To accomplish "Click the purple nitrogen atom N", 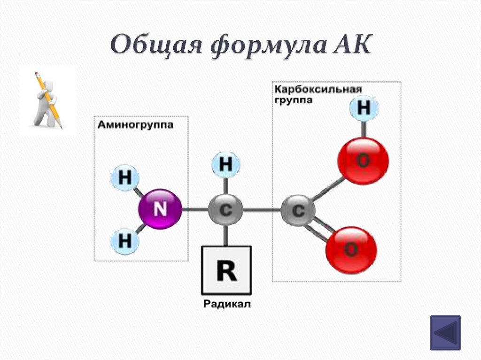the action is pos(160,209).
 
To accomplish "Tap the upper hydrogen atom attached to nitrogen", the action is pos(125,178).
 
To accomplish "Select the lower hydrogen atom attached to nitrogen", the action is pos(125,241).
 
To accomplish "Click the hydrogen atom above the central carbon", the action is pos(226,165).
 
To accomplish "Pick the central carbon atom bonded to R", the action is pos(225,210).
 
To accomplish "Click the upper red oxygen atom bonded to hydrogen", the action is pos(363,161).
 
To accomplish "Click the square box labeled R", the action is pos(226,270).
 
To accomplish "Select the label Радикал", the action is pos(227,304).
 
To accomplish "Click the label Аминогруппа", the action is pos(135,125).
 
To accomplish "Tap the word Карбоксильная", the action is pos(318,90).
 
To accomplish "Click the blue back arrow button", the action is pos(445,332).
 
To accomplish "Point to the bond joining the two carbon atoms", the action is pos(262,210).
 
